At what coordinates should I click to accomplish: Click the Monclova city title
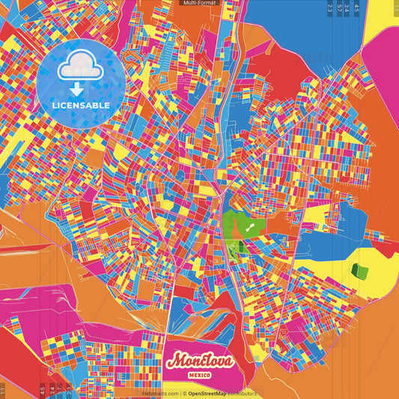(200, 361)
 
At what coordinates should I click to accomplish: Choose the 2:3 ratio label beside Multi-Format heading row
(330, 9)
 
